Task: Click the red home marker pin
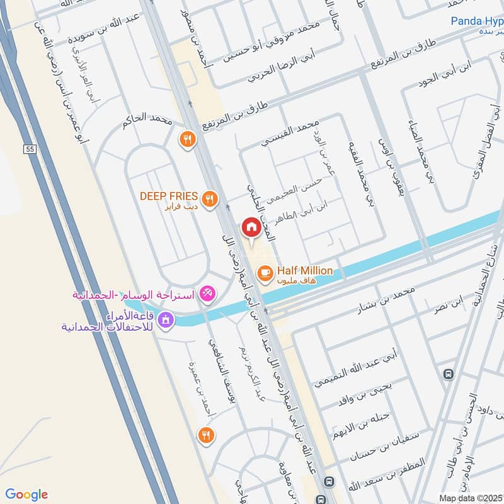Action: [x=251, y=227]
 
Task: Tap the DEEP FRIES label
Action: [x=169, y=196]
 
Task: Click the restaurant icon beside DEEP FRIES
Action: [x=210, y=198]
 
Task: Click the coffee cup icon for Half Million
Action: [x=264, y=272]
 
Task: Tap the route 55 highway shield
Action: [x=28, y=149]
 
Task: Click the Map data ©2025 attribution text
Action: [x=470, y=498]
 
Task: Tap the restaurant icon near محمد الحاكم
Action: [x=186, y=139]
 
